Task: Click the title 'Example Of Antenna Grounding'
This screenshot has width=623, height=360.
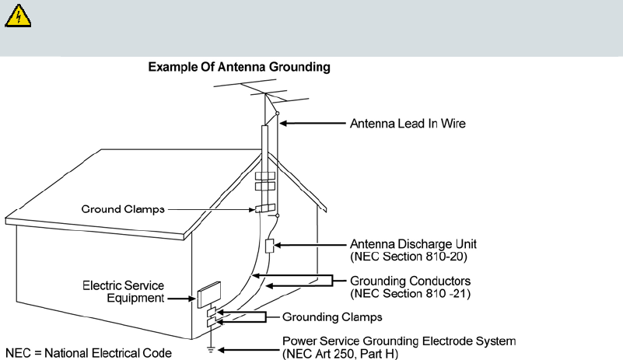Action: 239,68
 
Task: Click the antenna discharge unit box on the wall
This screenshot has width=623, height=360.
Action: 269,246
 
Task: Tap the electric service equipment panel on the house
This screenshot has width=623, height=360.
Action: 210,296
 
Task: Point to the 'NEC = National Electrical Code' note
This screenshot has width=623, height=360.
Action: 87,353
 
